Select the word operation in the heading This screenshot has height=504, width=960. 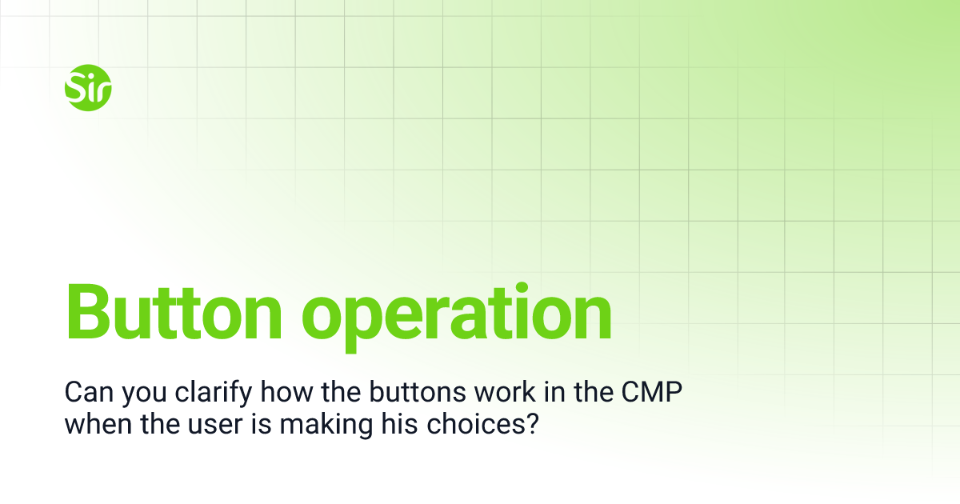(461, 314)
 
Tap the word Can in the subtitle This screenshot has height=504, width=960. (85, 392)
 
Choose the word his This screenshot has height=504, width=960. (401, 423)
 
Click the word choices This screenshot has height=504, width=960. (474, 423)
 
